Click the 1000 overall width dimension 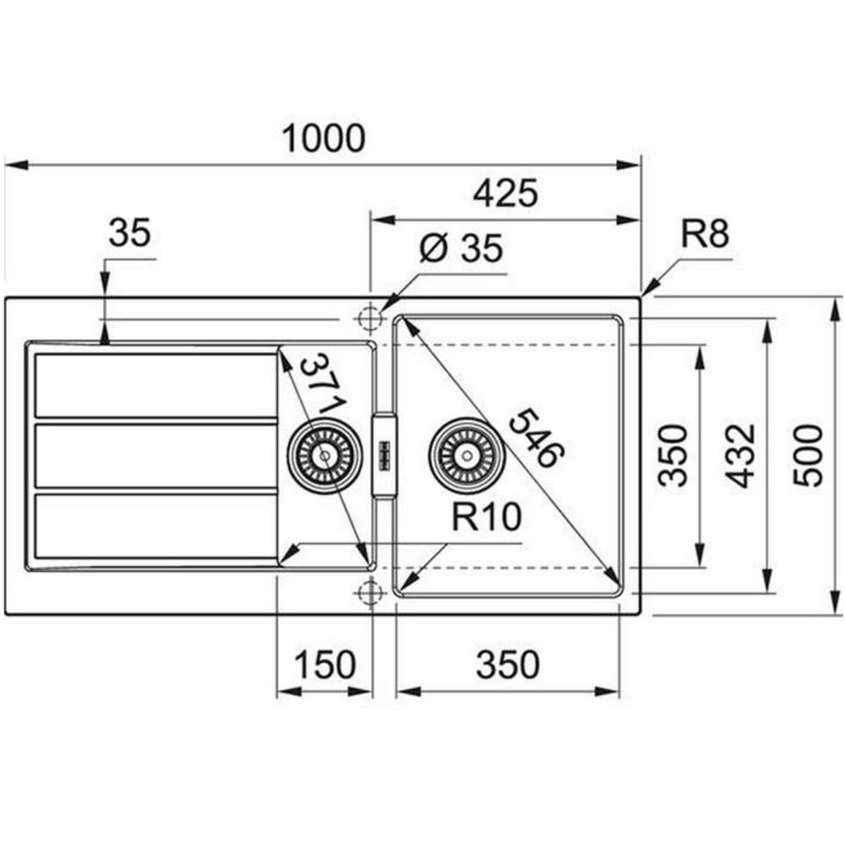[x=323, y=139]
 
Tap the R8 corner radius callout [x=705, y=234]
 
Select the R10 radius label [x=486, y=518]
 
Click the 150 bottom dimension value [x=324, y=665]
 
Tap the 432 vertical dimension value [x=740, y=456]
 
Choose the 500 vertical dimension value [x=807, y=456]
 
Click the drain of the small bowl [x=325, y=456]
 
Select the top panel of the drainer [x=155, y=385]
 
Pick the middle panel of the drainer [x=155, y=455]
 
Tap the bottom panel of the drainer [x=155, y=525]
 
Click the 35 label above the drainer [x=130, y=232]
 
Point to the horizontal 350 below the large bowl [x=507, y=665]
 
